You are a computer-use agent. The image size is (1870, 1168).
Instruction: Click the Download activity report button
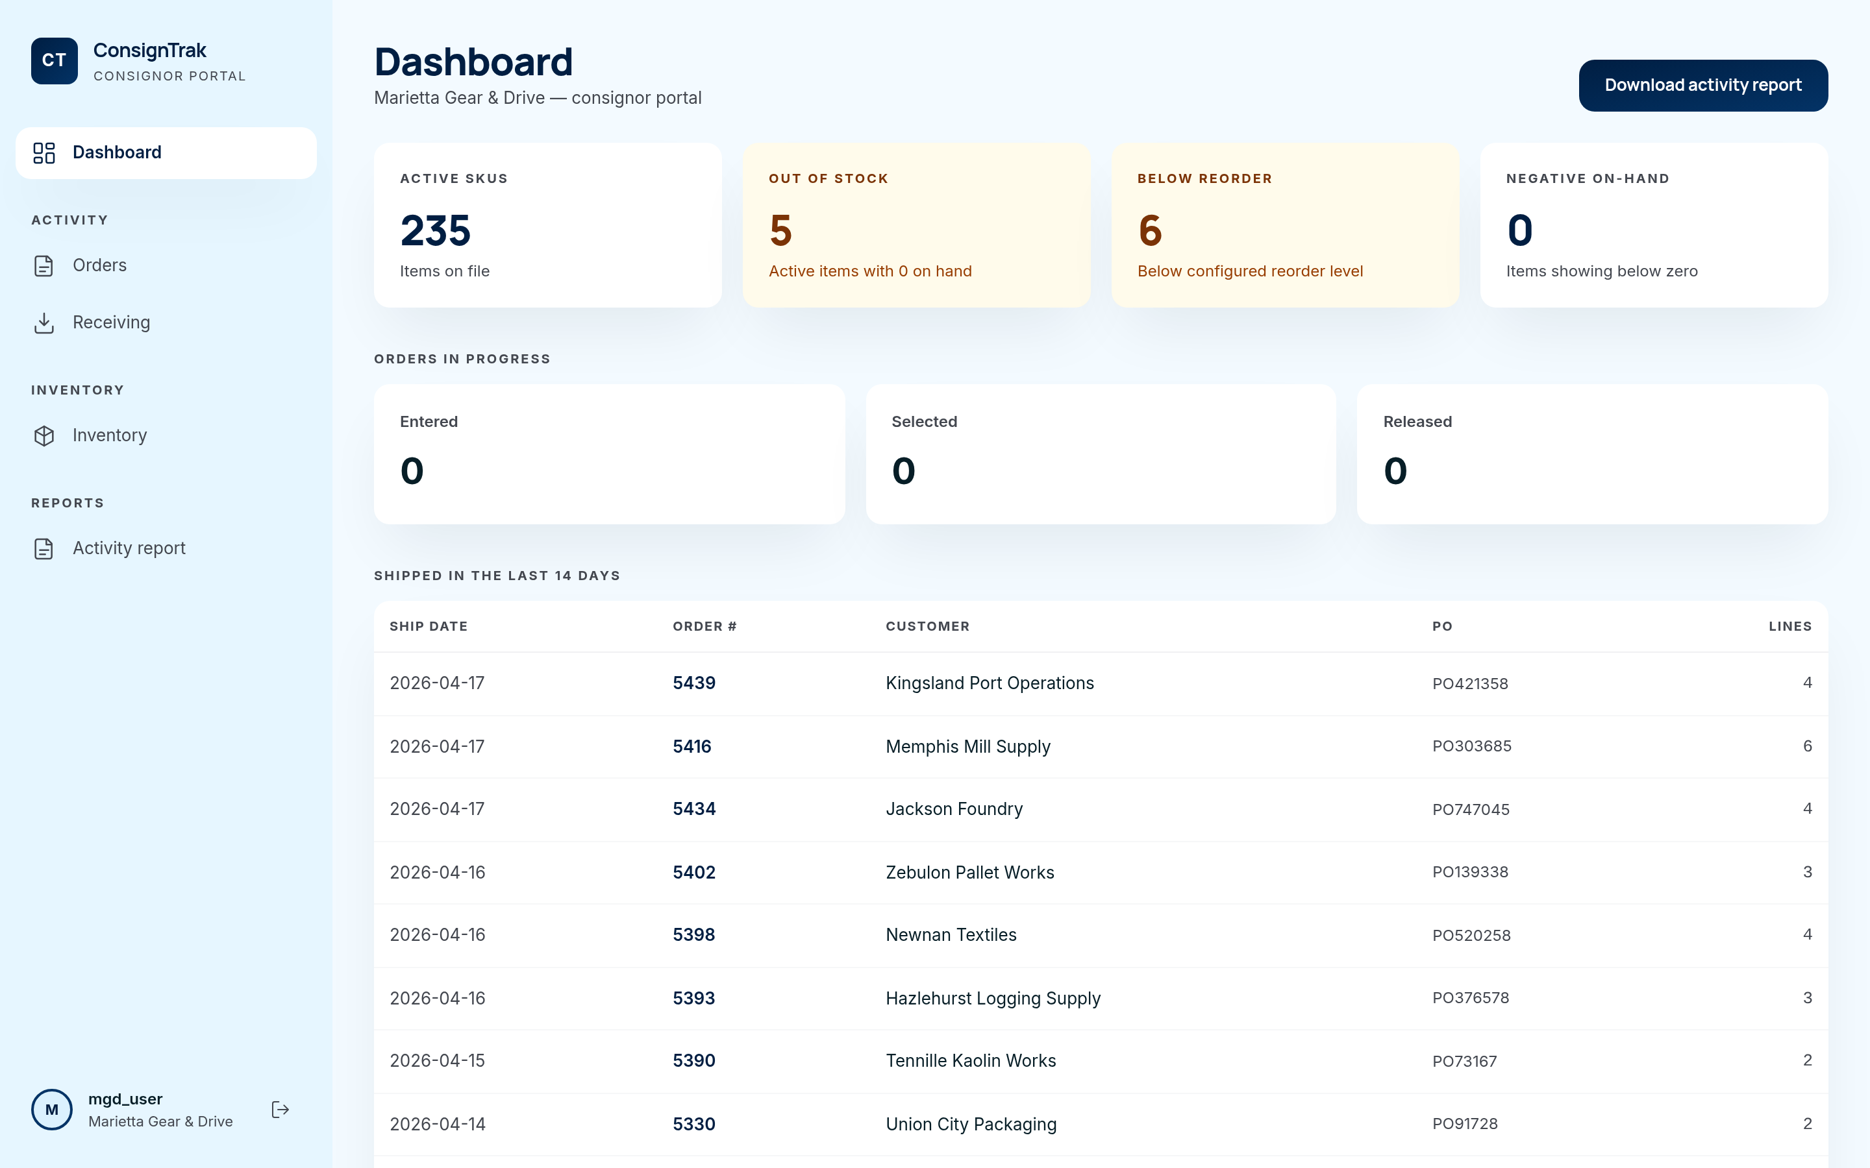(1702, 85)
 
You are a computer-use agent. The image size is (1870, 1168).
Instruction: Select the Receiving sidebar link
(110, 322)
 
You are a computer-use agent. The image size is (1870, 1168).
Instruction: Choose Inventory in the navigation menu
(109, 435)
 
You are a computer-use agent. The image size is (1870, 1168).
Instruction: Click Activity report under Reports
(129, 548)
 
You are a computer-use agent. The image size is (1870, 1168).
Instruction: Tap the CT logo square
(54, 60)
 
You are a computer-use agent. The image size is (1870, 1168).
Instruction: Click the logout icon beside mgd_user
(280, 1110)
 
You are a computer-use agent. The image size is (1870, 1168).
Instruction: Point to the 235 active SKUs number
(435, 230)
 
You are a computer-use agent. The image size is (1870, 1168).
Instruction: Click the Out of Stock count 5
(780, 230)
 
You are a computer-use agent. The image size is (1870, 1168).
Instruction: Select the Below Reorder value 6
(1150, 230)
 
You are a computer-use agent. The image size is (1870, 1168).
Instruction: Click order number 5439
(693, 683)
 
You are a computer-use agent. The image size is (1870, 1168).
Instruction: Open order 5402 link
(693, 872)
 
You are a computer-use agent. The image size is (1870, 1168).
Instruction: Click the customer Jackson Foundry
(954, 809)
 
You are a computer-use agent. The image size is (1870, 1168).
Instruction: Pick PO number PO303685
(1471, 746)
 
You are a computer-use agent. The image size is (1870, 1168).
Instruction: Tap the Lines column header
(1789, 626)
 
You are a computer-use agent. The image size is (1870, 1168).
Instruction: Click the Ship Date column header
(428, 626)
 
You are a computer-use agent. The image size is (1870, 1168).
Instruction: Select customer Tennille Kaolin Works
(971, 1061)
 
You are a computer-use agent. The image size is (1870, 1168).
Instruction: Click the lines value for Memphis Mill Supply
(1806, 746)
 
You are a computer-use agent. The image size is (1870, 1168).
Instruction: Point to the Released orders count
(1395, 471)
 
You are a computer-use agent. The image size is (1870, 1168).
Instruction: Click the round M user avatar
(52, 1110)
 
